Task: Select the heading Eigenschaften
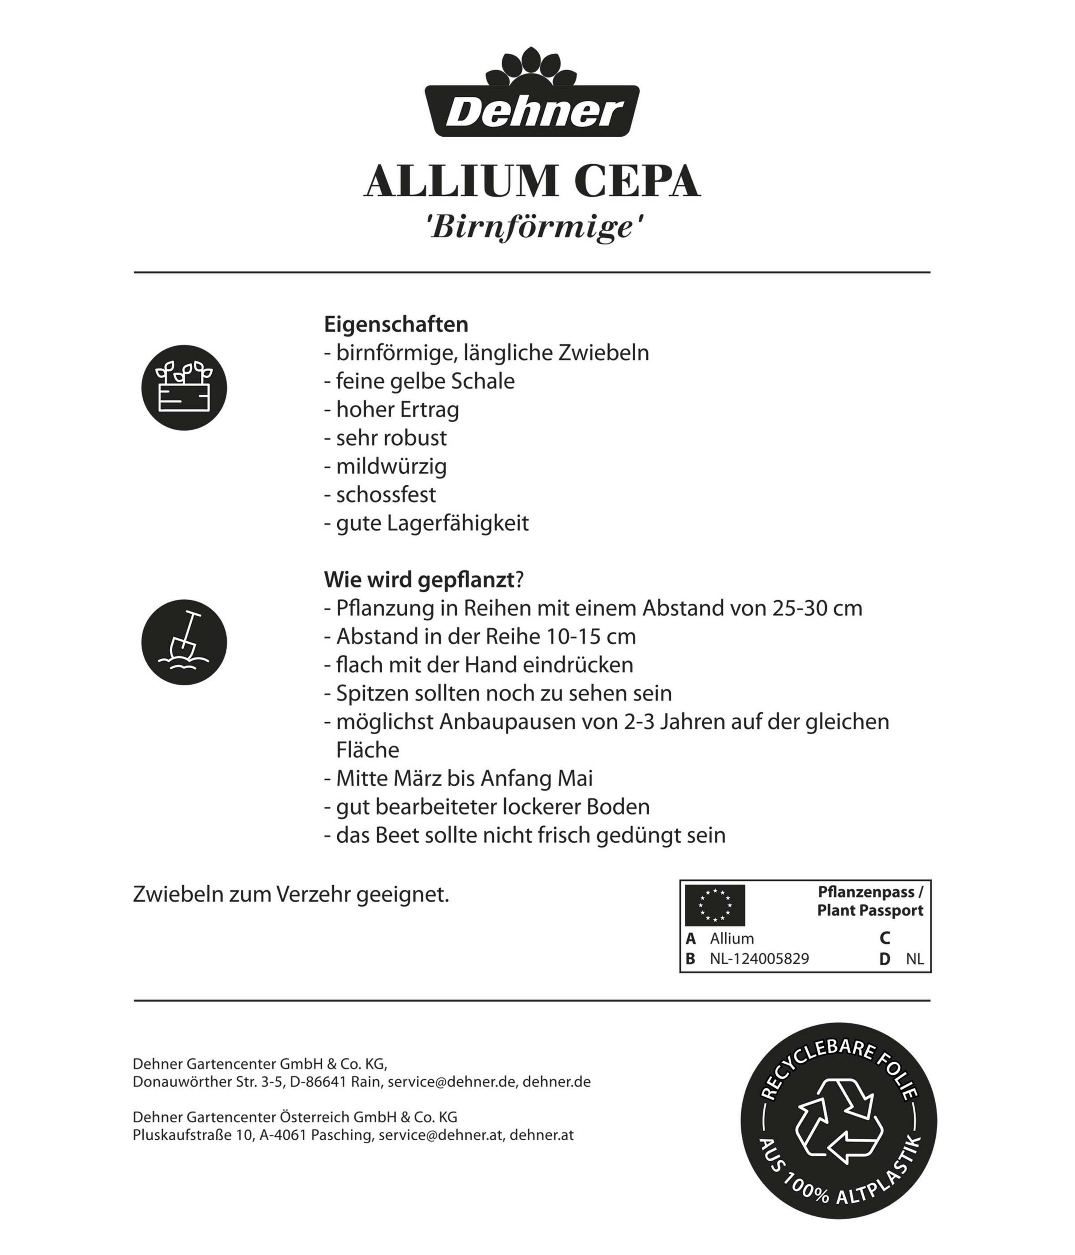[396, 324]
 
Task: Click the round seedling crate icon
[184, 388]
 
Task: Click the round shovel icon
[184, 642]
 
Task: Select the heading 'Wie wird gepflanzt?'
[424, 580]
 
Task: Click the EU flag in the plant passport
[715, 905]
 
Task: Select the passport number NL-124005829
[759, 959]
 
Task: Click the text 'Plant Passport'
[870, 910]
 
